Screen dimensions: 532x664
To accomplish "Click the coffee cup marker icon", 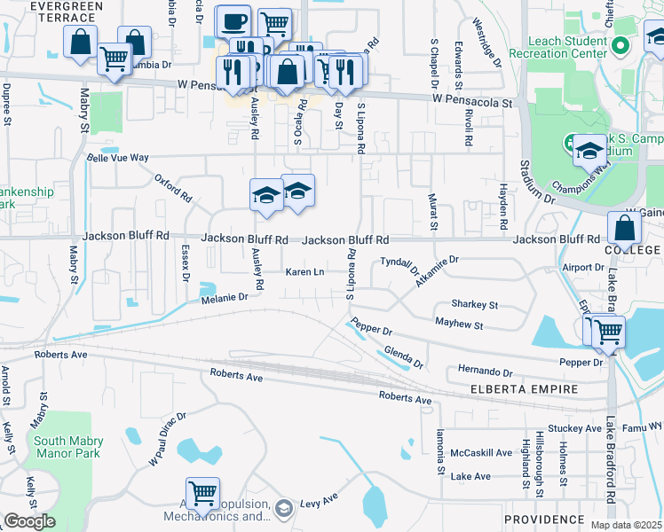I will pos(233,20).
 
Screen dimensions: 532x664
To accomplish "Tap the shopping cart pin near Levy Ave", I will pos(202,492).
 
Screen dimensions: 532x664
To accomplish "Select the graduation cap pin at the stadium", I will pos(589,151).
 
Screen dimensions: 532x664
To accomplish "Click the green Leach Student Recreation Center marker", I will pos(621,45).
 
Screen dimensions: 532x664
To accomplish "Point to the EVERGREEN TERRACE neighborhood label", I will pos(54,6).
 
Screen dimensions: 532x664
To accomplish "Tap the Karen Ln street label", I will pos(304,271).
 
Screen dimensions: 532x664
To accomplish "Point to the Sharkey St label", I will pos(474,304).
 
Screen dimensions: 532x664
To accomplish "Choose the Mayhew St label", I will pos(458,325).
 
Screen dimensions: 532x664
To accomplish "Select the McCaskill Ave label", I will pos(481,452).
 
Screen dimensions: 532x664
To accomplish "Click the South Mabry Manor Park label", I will pos(68,447).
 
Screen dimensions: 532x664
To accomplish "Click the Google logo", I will pos(29,521).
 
